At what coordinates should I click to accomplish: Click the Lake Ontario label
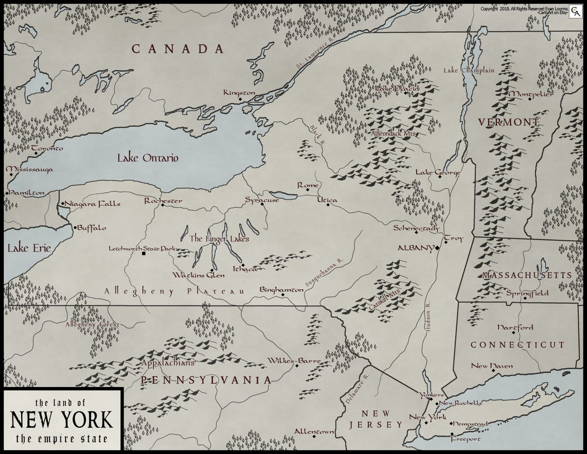coord(148,158)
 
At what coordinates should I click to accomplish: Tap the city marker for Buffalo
coord(75,227)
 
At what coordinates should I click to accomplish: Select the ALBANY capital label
coord(415,248)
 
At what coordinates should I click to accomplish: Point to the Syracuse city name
coord(262,200)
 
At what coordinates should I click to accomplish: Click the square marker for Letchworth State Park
coord(143,254)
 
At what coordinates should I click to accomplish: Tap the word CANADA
coord(178,49)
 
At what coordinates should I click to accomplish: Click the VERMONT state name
coord(509,122)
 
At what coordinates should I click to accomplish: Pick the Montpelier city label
coord(530,94)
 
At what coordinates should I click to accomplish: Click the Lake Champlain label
coord(469,70)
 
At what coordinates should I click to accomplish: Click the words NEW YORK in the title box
coord(62,420)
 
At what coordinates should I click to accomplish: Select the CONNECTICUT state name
coord(517,345)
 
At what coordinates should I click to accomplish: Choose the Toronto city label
coord(47,148)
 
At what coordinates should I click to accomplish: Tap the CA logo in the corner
coord(573,13)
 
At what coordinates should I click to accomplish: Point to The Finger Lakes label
coord(219,238)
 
